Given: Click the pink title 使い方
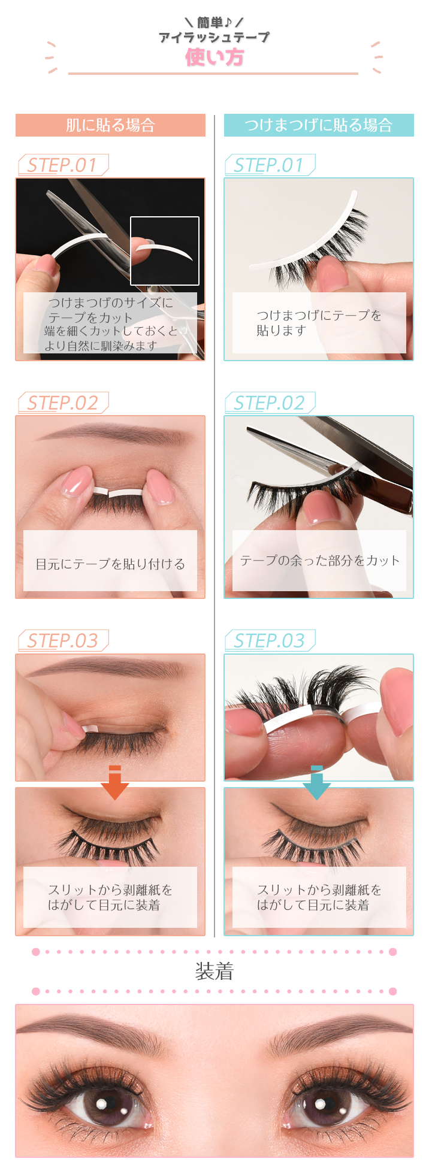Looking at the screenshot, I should click(214, 58).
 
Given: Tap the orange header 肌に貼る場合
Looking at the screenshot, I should click(110, 125).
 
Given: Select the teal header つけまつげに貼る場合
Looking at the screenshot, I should click(318, 125).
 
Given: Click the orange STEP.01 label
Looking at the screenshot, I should click(62, 165).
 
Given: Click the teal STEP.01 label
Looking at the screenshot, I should click(269, 165).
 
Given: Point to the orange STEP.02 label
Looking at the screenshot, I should click(62, 403).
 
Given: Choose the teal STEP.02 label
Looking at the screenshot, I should click(269, 403).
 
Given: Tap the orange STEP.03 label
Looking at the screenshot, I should click(62, 641).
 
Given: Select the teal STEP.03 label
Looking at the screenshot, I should click(269, 641).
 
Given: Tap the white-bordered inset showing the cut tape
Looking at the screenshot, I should click(165, 251).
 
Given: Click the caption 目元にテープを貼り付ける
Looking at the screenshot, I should click(110, 564).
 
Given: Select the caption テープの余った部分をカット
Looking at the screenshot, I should click(319, 561).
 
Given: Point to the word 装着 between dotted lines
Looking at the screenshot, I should click(214, 972).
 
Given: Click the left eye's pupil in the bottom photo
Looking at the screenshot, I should click(103, 1103).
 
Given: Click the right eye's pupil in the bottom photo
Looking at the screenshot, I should click(324, 1103).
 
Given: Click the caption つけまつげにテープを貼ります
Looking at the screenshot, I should click(319, 323).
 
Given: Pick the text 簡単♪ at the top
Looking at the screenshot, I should click(214, 23).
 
